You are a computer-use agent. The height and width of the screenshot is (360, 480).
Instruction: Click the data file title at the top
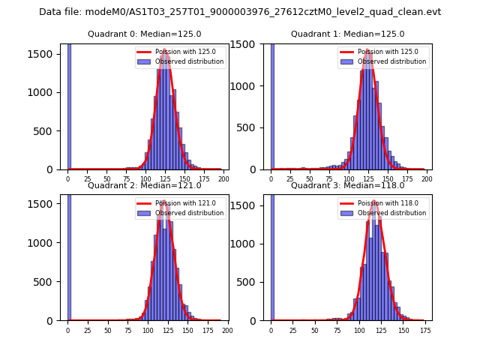(240, 12)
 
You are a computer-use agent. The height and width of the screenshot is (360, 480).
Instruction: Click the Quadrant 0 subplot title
(144, 34)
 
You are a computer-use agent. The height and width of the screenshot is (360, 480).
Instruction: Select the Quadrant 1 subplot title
(347, 34)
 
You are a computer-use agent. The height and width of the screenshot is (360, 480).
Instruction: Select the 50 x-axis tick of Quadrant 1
(310, 179)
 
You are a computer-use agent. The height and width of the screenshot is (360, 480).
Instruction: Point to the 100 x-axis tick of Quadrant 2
(148, 330)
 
